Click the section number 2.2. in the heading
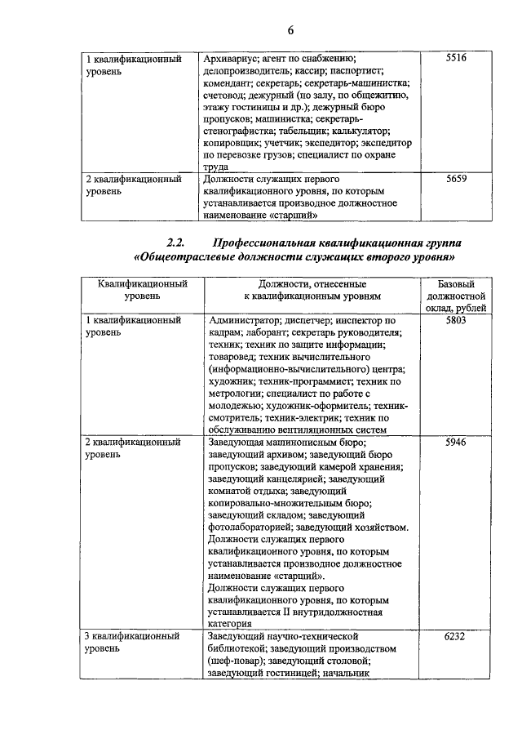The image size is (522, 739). (177, 243)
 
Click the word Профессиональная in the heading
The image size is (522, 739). (264, 243)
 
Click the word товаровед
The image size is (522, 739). (234, 358)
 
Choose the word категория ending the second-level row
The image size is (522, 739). (232, 623)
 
